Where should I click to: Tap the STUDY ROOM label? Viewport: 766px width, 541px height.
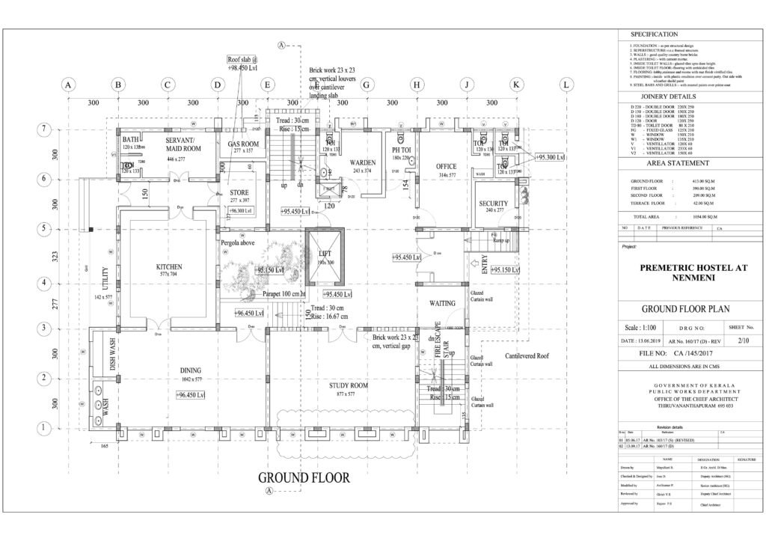pyautogui.click(x=349, y=386)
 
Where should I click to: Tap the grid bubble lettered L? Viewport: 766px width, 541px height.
pyautogui.click(x=565, y=85)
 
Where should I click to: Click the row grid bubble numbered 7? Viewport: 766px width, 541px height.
pyautogui.click(x=44, y=129)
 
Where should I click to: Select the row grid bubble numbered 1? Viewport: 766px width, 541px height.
pyautogui.click(x=44, y=427)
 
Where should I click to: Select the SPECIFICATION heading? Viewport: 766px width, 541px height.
pyautogui.click(x=655, y=34)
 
